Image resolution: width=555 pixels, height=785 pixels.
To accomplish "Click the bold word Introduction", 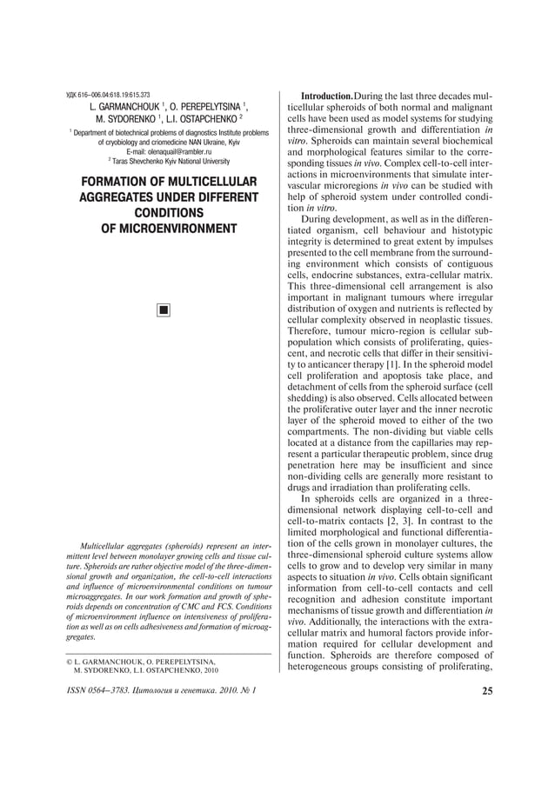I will [328, 94].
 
